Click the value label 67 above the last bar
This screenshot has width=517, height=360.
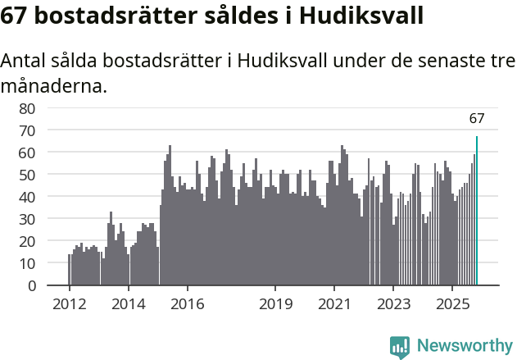click(x=477, y=119)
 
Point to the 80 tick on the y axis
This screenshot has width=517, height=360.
click(x=27, y=108)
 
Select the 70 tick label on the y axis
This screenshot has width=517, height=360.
click(x=27, y=130)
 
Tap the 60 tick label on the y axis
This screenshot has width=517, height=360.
click(x=27, y=153)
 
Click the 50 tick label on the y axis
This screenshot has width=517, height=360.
click(x=27, y=175)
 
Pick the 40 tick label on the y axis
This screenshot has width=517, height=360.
click(x=27, y=197)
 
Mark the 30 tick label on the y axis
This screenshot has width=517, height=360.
click(x=27, y=219)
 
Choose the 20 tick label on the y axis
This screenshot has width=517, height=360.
click(x=27, y=241)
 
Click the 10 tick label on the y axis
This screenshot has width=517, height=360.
click(x=27, y=263)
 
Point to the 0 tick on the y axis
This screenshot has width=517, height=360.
click(x=31, y=285)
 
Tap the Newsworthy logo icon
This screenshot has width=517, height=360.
click(x=400, y=346)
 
